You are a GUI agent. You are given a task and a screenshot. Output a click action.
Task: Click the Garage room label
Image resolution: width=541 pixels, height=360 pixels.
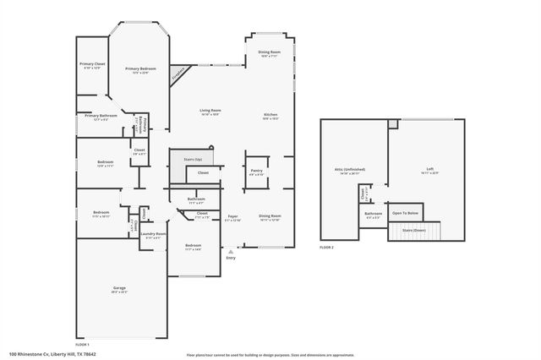(119, 289)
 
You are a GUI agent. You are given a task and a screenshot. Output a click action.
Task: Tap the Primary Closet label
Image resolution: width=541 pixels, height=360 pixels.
(92, 65)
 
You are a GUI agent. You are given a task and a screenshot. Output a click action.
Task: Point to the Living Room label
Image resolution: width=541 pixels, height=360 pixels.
(210, 112)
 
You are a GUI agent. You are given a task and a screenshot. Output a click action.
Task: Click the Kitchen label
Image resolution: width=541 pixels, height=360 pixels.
(270, 116)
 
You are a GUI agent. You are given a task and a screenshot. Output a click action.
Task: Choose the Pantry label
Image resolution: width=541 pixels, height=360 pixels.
(257, 172)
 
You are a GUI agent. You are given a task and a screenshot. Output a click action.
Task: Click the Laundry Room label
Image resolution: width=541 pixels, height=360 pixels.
(153, 235)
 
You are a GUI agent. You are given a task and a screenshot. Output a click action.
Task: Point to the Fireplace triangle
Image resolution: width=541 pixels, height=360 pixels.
(178, 74)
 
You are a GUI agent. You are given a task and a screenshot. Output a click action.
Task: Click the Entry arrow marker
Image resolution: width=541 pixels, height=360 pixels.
(231, 251)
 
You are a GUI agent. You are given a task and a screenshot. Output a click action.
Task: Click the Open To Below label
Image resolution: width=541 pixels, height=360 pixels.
(407, 213)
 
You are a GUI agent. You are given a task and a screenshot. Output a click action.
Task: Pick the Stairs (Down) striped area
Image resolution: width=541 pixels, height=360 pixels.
(408, 230)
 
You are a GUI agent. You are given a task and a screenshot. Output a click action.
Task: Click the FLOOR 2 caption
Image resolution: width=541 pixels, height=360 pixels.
(327, 248)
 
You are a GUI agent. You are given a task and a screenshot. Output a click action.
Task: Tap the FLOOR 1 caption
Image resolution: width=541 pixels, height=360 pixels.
(82, 346)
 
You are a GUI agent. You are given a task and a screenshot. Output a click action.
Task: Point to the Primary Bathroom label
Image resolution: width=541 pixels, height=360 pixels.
(94, 119)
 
